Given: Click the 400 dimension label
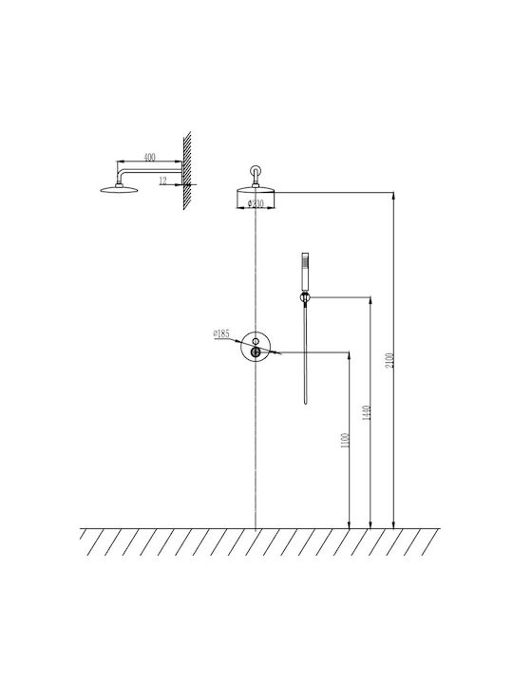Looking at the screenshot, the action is [x=149, y=157].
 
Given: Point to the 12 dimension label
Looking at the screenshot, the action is [x=162, y=180].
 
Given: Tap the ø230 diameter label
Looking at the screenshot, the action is [x=256, y=203].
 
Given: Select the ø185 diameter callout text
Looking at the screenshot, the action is [x=221, y=333].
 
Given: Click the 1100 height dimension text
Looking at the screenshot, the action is [x=345, y=441].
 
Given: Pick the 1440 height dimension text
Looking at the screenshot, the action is [x=367, y=412].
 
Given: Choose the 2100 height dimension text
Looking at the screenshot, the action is [x=390, y=360].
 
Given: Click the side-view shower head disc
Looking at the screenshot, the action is [x=119, y=189].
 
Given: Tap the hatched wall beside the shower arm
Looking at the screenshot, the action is [x=187, y=171].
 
